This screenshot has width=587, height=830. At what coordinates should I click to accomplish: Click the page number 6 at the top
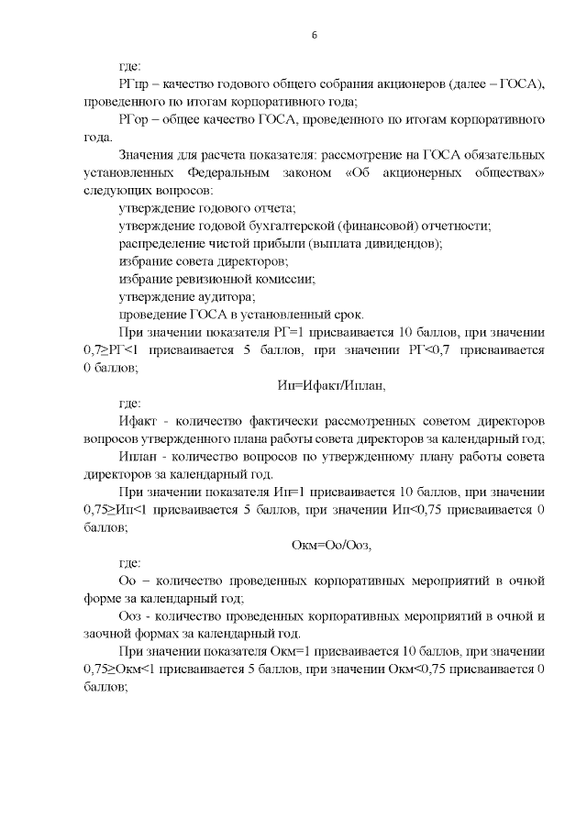pos(314,35)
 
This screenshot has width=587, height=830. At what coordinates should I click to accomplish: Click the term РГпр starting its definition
pos(135,84)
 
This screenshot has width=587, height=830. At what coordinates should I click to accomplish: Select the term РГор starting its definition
pos(135,120)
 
